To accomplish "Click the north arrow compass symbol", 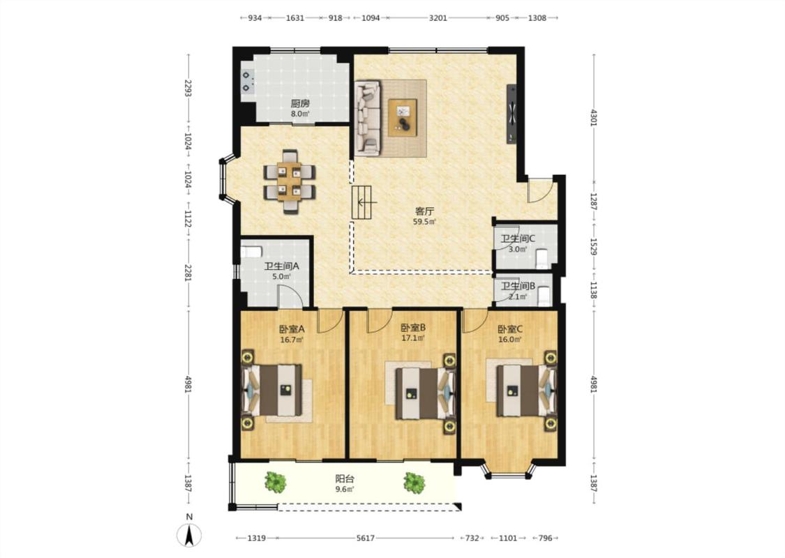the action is tap(189, 535).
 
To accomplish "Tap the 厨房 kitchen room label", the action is tap(300, 104).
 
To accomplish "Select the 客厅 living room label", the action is tap(424, 211).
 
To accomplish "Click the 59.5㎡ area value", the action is tap(424, 222).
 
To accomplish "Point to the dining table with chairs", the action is tap(290, 181).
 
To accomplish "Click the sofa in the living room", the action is tap(368, 117).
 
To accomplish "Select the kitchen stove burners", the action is tap(247, 82).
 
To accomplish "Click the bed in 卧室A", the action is tap(274, 390).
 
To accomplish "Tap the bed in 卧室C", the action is tap(525, 391).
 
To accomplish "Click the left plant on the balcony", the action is tap(275, 483).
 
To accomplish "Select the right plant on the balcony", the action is tap(414, 483).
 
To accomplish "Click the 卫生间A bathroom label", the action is tap(282, 266).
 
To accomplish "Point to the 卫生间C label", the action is tap(518, 239).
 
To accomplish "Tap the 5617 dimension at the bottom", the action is tap(366, 538).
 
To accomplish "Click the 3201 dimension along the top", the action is tap(438, 18).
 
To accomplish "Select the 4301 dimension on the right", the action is tap(594, 118).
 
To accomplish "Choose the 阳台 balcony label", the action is tap(345, 479).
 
